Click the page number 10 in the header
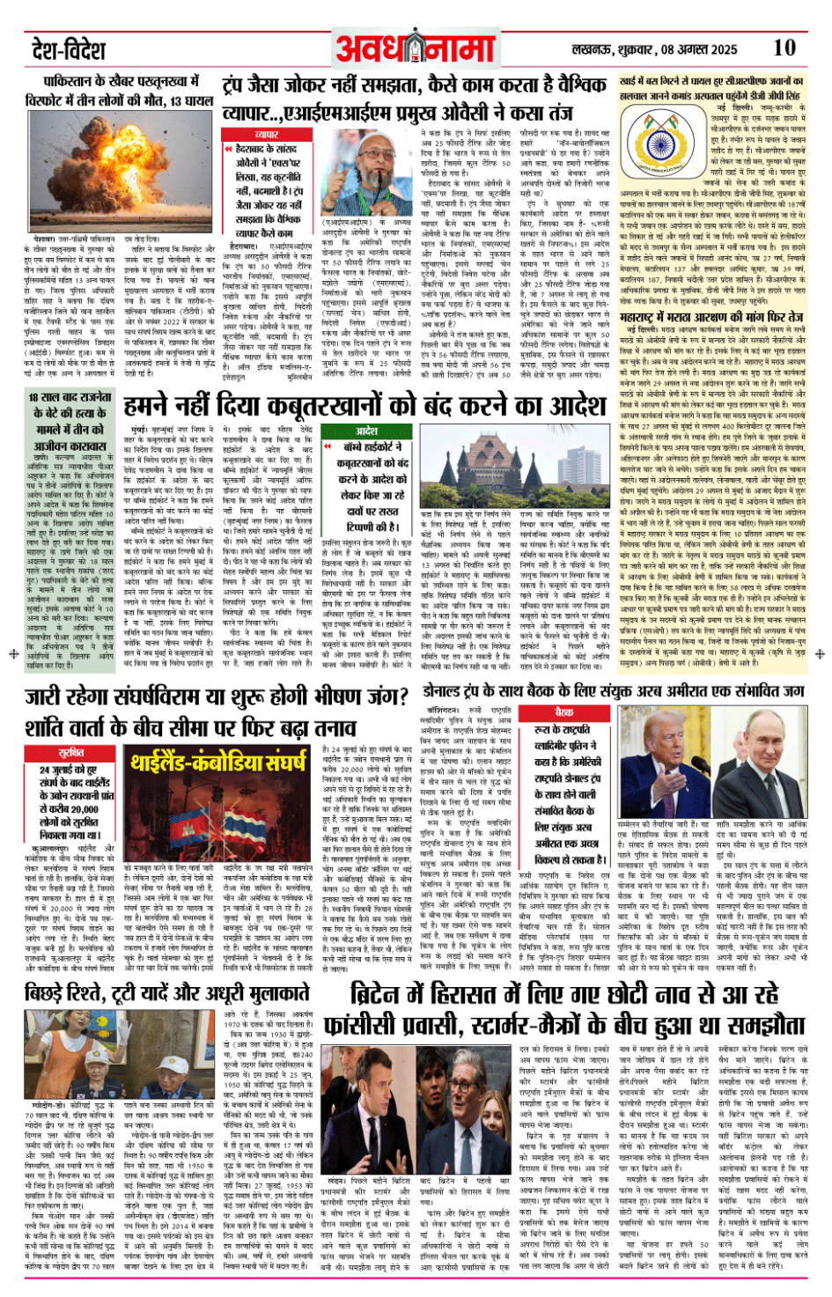[x=784, y=48]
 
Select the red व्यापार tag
[x=267, y=135]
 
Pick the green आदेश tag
[x=366, y=431]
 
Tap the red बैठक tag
[x=563, y=711]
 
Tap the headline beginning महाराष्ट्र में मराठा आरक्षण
[x=711, y=317]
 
